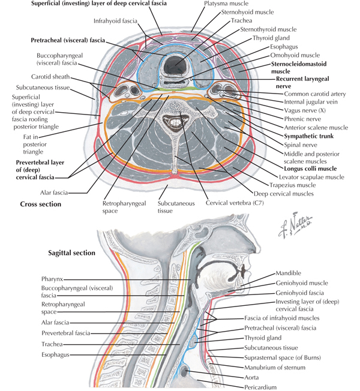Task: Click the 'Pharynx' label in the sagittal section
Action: pos(55,279)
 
